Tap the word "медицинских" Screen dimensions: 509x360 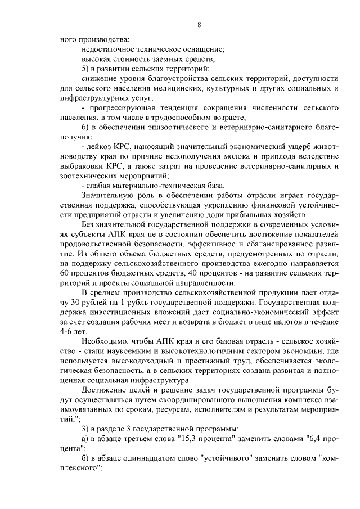(158, 88)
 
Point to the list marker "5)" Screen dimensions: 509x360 (86, 69)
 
